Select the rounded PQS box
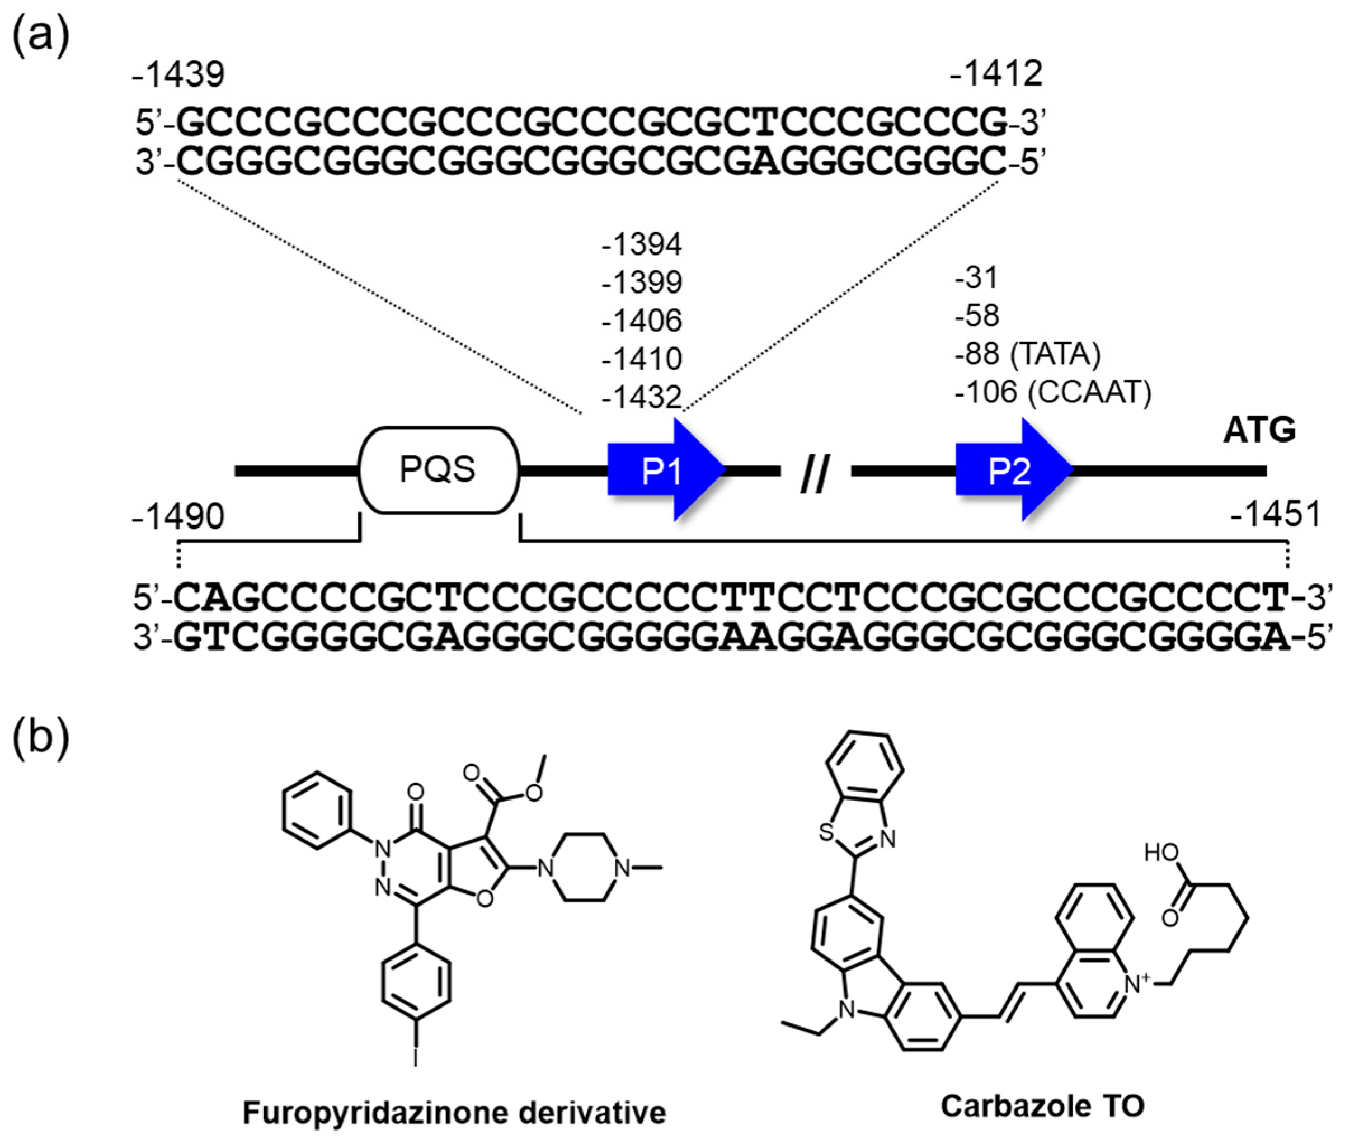click(439, 470)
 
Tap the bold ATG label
click(1259, 431)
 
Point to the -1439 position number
click(178, 75)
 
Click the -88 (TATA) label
click(1027, 354)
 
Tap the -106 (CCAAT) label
click(1052, 392)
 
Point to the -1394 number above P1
click(642, 244)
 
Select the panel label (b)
click(40, 736)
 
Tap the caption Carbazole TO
click(1042, 1105)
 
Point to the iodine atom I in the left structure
click(416, 1057)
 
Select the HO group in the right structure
click(1161, 853)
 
